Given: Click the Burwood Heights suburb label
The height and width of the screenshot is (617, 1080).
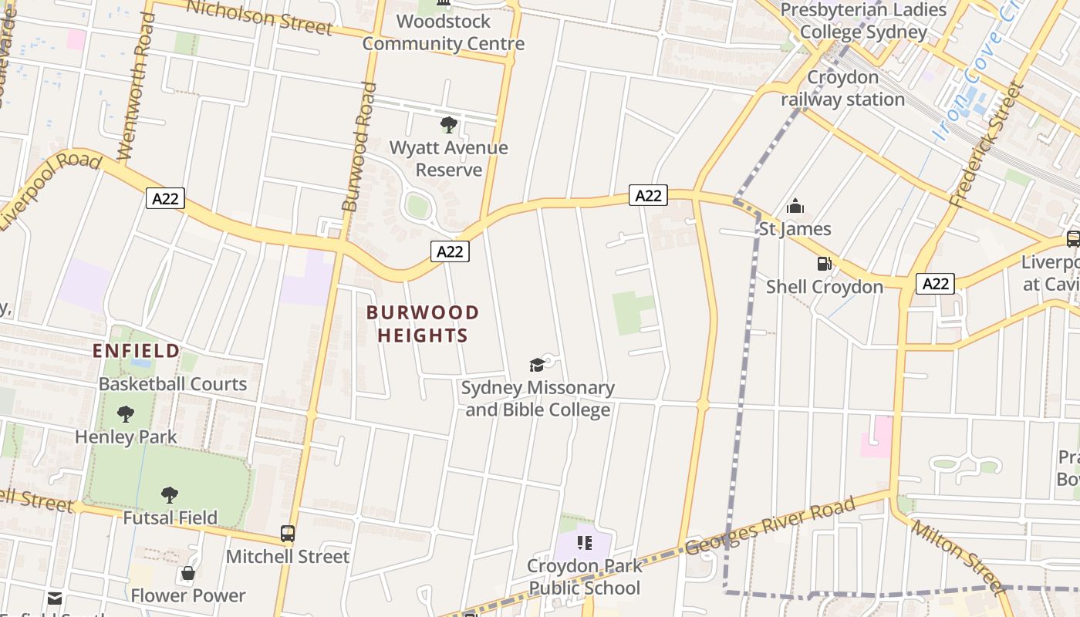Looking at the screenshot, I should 423,324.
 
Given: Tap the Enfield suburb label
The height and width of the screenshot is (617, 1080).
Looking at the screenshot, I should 136,351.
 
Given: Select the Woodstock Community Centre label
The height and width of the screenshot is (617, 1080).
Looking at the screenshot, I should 444,32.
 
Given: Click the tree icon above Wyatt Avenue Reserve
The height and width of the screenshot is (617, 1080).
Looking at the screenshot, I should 448,125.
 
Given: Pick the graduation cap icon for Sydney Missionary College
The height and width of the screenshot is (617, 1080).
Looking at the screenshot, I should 537,365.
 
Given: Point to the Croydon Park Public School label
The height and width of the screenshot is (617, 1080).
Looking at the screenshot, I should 584,577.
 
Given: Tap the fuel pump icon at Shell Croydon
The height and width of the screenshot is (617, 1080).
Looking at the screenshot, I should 824,265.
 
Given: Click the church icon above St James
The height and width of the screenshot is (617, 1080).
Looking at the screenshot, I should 795,207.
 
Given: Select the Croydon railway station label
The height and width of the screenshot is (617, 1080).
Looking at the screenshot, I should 842,89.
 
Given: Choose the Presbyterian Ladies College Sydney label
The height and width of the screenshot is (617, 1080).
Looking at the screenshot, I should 863,21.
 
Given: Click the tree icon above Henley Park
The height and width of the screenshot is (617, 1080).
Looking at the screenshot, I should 125,414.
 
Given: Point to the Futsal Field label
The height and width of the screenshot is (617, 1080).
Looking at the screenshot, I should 170,518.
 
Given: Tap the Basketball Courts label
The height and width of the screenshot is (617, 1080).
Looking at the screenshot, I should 173,384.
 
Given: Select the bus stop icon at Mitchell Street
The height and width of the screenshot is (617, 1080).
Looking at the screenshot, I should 288,534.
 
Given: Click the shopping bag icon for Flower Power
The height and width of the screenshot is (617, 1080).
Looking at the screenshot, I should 187,573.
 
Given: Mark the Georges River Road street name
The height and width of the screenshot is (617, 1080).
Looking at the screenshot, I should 769,526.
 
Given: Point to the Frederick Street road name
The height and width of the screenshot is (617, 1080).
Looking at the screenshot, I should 988,145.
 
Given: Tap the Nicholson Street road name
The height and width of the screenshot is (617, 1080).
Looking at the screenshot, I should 259,17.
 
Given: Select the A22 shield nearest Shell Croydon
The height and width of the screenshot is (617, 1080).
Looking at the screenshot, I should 936,284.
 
